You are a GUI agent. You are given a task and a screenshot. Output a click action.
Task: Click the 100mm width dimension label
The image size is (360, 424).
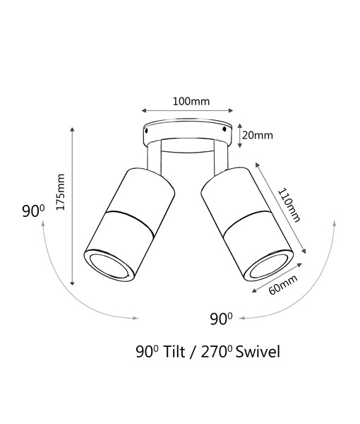pos(191,100)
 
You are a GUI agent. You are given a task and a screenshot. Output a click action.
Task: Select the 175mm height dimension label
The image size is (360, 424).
pos(61,193)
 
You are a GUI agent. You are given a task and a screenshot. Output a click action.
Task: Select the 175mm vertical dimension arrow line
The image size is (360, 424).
pos(73,205)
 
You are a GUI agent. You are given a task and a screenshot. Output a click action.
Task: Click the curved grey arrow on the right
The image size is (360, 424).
pos(311,283)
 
